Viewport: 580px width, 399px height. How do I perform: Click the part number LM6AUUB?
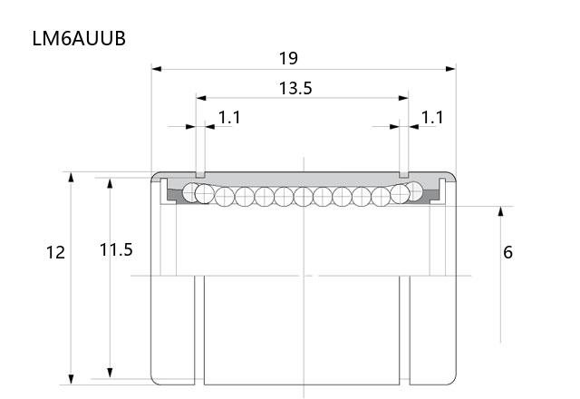coord(79,38)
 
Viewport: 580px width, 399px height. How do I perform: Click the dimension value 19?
coord(288,58)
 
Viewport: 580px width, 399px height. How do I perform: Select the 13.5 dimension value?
coord(295,88)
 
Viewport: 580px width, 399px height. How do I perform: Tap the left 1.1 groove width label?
coord(229,118)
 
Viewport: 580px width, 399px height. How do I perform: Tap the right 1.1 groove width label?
coord(432,118)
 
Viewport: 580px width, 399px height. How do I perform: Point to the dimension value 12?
coord(55,252)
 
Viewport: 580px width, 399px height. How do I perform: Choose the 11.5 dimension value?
coord(116,250)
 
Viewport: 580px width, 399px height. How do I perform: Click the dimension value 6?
coord(507,252)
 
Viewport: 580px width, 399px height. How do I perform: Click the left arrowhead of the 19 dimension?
coord(157,69)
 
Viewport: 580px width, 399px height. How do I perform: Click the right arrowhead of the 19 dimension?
coord(451,69)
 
